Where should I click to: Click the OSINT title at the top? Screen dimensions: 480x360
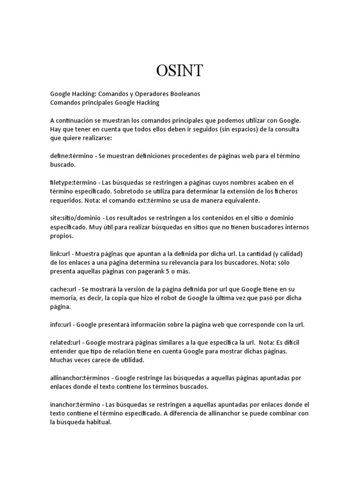click(x=180, y=70)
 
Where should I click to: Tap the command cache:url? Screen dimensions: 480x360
click(x=63, y=289)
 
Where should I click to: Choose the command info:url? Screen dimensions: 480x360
click(x=60, y=324)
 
